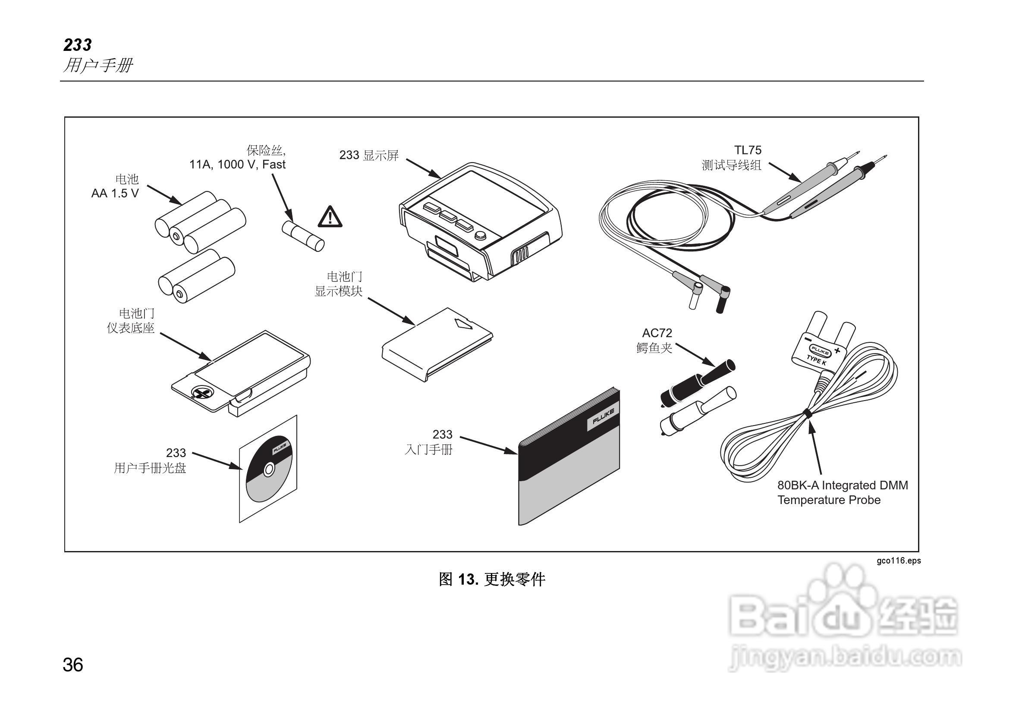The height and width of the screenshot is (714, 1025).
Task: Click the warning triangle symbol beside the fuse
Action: (330, 217)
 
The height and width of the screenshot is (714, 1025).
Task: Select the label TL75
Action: (748, 150)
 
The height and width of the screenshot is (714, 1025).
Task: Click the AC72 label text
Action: (657, 333)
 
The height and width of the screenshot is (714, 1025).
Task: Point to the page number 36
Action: (73, 665)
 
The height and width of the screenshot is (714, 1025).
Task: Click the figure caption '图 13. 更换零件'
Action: (491, 579)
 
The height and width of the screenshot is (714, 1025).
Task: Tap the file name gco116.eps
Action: (898, 561)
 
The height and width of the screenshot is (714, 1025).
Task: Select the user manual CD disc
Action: (269, 469)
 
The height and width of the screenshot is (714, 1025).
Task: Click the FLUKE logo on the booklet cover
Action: (603, 416)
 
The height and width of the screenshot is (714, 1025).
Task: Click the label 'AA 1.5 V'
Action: (115, 194)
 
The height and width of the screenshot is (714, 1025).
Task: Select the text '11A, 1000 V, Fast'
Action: (237, 165)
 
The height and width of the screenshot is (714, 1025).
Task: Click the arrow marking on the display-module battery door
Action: (463, 323)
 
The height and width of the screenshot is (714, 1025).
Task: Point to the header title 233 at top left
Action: (77, 45)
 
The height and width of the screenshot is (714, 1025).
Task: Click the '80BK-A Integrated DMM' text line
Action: (843, 485)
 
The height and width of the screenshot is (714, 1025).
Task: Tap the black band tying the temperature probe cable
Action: (807, 413)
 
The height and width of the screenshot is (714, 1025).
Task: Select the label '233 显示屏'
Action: (369, 155)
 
